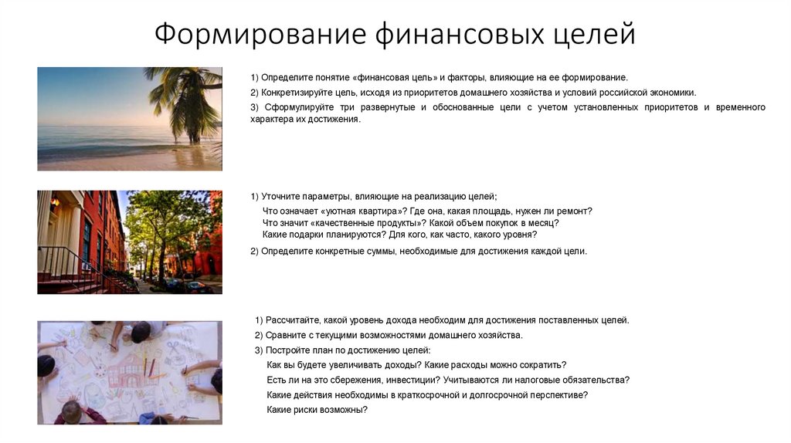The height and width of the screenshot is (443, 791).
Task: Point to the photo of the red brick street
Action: click(129, 242)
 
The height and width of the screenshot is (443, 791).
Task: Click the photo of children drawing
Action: click(129, 373)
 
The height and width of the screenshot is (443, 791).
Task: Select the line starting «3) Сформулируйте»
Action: click(508, 107)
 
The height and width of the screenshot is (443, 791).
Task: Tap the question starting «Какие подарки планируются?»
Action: click(399, 234)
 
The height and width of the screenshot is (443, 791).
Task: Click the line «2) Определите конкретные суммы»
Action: click(419, 251)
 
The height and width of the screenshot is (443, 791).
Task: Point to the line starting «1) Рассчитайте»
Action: click(442, 320)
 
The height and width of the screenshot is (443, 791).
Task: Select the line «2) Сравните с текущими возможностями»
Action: click(389, 335)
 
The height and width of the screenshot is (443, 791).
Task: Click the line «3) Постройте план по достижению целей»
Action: click(337, 350)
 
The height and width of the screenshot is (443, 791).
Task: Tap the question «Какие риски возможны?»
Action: click(317, 410)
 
